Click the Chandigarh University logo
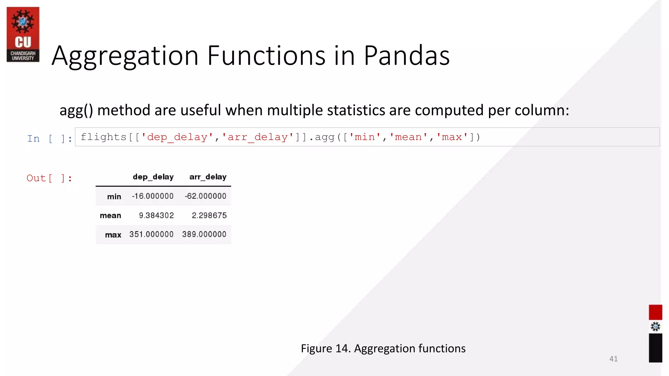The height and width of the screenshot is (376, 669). pos(23,34)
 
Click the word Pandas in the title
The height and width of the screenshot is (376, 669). pos(406,55)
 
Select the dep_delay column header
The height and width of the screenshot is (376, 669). pos(153,177)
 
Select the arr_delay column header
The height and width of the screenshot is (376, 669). pos(208,177)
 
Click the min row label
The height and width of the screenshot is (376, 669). pos(114,196)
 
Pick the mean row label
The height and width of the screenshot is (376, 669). pos(110,215)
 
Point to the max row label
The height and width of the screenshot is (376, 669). pos(113,235)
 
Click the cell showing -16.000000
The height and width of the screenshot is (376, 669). pos(153,196)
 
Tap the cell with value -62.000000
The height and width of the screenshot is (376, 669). pos(205,196)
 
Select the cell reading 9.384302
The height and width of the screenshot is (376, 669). pos(156,215)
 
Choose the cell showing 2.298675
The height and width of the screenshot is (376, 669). pos(209,215)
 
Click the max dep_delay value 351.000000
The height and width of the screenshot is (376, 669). pos(151,234)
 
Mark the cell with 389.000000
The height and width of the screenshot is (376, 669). pos(204,234)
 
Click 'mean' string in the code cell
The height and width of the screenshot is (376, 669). pos(408,137)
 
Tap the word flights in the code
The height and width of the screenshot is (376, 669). pos(103,137)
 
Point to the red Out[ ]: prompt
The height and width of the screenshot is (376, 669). pos(49,178)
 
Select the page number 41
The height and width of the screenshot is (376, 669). pos(613,359)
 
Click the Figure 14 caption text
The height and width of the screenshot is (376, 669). pos(383,349)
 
